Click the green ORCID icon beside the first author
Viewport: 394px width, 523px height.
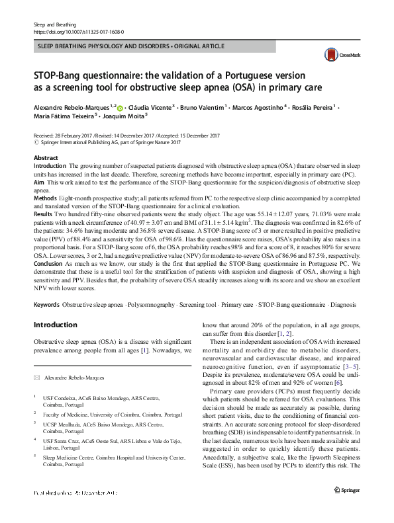point(120,105)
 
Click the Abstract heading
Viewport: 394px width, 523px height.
point(46,158)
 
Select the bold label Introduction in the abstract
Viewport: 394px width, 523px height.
point(50,165)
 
